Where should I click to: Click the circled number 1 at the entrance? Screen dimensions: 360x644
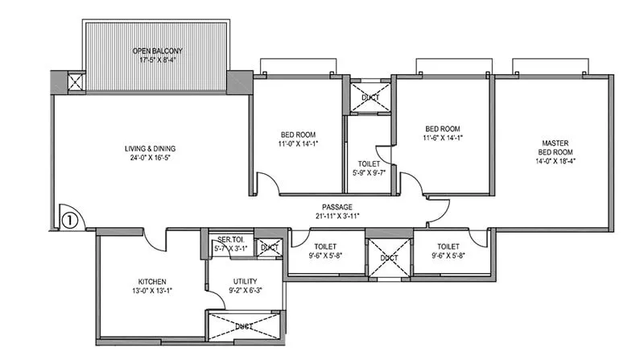click(x=70, y=217)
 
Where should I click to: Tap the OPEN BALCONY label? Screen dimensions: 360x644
click(x=158, y=51)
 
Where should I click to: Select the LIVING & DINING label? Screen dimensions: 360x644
click(x=150, y=148)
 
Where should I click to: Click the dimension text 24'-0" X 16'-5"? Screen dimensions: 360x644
click(x=150, y=159)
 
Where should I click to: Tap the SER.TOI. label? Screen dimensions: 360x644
click(x=230, y=239)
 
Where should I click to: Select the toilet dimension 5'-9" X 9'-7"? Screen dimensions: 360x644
click(x=368, y=172)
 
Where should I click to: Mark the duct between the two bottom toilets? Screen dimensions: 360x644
click(x=389, y=258)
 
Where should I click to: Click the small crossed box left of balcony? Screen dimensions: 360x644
click(x=76, y=81)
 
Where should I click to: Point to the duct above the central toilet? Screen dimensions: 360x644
click(x=369, y=97)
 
